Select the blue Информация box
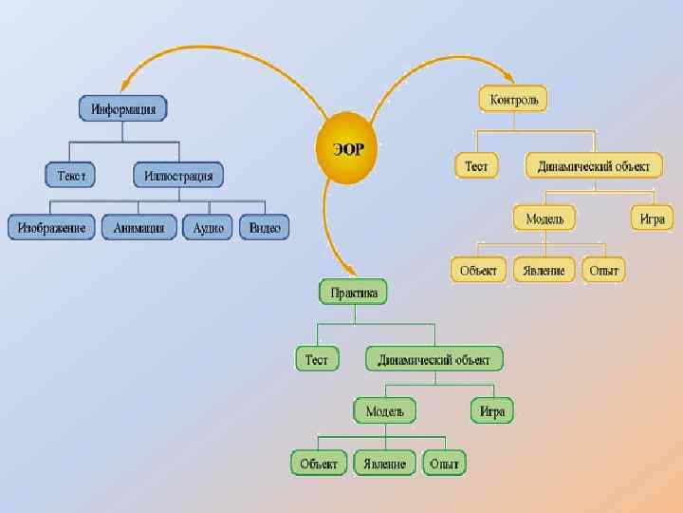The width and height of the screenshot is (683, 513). (x=123, y=108)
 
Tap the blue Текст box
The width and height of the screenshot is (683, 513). (x=71, y=176)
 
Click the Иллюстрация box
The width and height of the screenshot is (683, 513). (x=178, y=176)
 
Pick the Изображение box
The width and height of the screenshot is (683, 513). (x=52, y=227)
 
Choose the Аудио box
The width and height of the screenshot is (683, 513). (x=208, y=227)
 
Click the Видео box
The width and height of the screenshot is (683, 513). (x=265, y=227)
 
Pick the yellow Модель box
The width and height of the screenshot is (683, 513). (x=545, y=218)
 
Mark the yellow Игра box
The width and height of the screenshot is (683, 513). (x=652, y=218)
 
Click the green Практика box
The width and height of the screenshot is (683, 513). (x=354, y=293)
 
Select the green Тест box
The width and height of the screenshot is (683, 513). (x=317, y=360)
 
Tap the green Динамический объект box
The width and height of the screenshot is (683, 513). (x=434, y=360)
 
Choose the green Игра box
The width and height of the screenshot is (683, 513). (x=491, y=411)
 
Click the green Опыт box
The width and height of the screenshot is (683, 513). (x=444, y=464)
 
